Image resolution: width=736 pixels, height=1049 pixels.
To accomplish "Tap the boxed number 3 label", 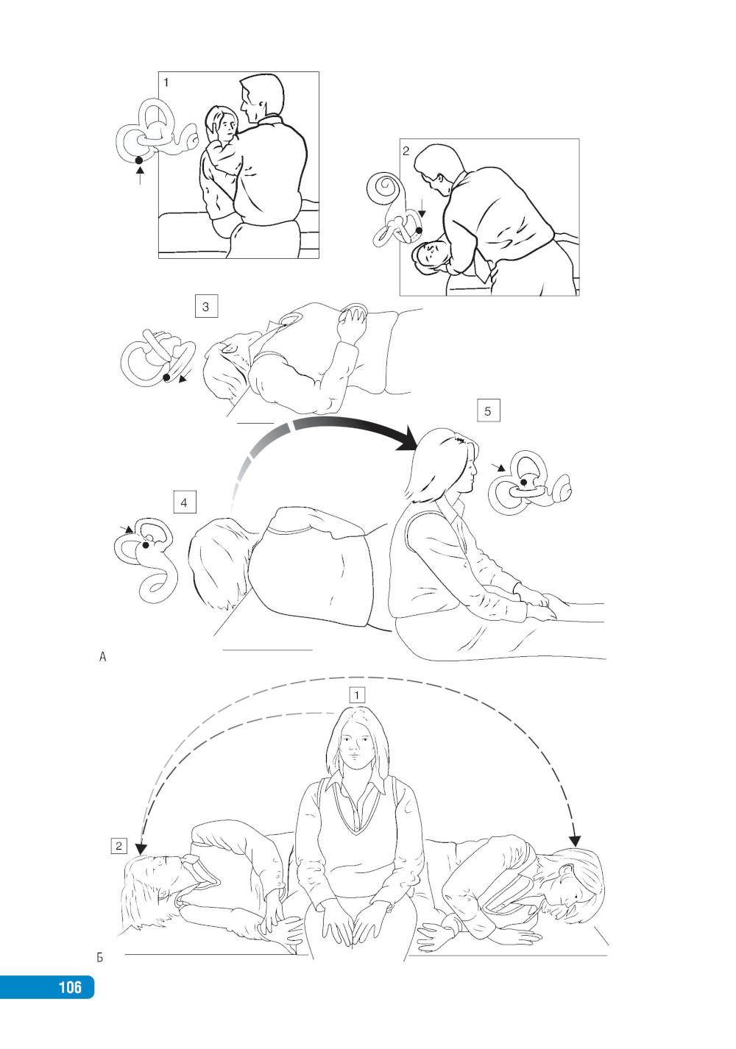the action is pyautogui.click(x=205, y=307).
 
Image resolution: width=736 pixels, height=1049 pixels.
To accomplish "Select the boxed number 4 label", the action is pyautogui.click(x=184, y=502).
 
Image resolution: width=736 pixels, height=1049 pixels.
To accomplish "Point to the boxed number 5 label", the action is pyautogui.click(x=488, y=410).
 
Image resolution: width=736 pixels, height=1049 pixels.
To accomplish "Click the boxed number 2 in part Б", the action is pyautogui.click(x=119, y=846).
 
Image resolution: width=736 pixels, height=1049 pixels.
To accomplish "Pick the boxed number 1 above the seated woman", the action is pyautogui.click(x=357, y=695).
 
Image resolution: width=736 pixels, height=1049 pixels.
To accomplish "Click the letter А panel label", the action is pyautogui.click(x=102, y=657).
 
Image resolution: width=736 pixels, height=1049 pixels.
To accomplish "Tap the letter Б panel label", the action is pyautogui.click(x=100, y=957).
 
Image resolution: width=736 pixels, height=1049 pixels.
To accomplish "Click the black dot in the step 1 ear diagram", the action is pyautogui.click(x=138, y=160).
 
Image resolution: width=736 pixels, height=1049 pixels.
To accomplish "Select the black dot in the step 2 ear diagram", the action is pyautogui.click(x=419, y=230).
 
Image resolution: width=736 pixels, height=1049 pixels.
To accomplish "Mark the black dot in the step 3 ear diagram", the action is pyautogui.click(x=166, y=377).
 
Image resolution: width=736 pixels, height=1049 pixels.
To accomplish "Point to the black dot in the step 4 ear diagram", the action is pyautogui.click(x=146, y=545).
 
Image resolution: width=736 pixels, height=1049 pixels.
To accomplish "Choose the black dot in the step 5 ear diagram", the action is pyautogui.click(x=523, y=481).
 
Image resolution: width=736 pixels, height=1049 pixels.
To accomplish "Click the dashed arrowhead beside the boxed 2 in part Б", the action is pyautogui.click(x=141, y=848).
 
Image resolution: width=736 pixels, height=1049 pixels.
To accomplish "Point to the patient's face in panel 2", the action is pyautogui.click(x=430, y=255).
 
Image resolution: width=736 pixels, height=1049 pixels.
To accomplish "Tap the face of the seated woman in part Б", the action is pyautogui.click(x=355, y=744).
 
